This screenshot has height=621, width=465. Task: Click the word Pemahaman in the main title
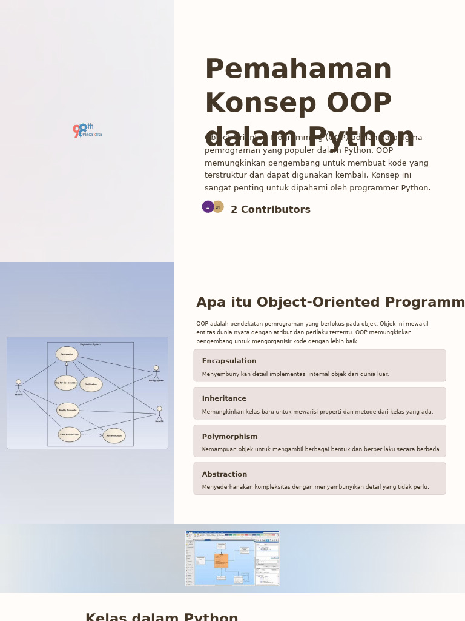[x=298, y=70]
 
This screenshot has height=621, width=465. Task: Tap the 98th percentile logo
[x=87, y=130]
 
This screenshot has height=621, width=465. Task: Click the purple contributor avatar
[x=208, y=207]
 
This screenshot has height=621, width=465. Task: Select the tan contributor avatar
[x=218, y=207]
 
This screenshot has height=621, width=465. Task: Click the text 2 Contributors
[x=270, y=210]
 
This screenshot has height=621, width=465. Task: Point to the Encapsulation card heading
[x=229, y=361]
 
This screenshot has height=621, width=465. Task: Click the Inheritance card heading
[x=224, y=398]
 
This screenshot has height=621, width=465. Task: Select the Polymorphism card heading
[x=229, y=437]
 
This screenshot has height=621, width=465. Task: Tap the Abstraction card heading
[x=224, y=474]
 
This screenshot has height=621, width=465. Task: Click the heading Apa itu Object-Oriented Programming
[x=330, y=303]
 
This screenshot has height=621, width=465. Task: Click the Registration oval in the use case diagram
[x=67, y=354]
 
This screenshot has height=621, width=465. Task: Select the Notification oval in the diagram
[x=91, y=384]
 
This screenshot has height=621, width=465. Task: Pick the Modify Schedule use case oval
[x=68, y=411]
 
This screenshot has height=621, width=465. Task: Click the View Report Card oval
[x=69, y=434]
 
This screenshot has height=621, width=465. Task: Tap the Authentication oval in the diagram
[x=114, y=435]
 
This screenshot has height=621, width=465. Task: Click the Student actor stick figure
[x=18, y=386]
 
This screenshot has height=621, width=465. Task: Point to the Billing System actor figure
[x=156, y=372]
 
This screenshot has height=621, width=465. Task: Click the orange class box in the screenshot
[x=221, y=560]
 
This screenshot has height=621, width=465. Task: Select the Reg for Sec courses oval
[x=66, y=383]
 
